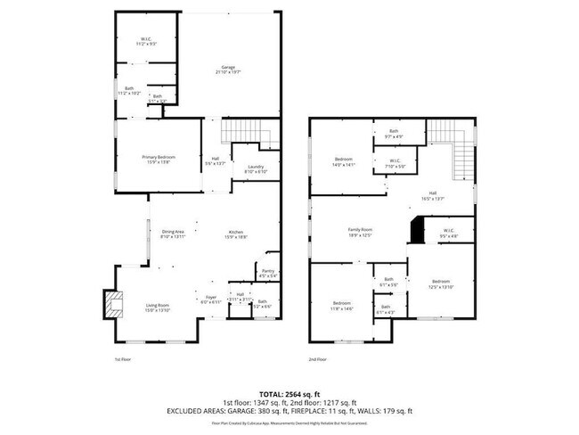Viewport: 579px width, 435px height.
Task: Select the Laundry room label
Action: pyautogui.click(x=255, y=168)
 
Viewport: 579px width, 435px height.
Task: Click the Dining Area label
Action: pyautogui.click(x=173, y=234)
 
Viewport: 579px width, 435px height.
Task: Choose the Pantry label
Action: pyautogui.click(x=267, y=273)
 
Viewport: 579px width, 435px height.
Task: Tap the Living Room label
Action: pyautogui.click(x=158, y=308)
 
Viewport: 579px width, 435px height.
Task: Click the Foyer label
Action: pyautogui.click(x=211, y=299)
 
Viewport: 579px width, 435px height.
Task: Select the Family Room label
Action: pyautogui.click(x=360, y=232)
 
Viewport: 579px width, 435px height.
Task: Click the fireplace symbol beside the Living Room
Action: pyautogui.click(x=111, y=304)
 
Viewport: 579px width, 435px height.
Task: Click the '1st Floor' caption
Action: pyautogui.click(x=124, y=359)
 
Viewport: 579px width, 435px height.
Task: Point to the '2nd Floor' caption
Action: pyautogui.click(x=318, y=359)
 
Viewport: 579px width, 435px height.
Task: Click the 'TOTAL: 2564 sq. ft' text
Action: pyautogui.click(x=289, y=393)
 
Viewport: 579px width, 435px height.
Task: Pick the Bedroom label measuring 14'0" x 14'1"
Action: pyautogui.click(x=345, y=161)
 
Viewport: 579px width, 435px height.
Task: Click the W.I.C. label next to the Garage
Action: pyautogui.click(x=147, y=40)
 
